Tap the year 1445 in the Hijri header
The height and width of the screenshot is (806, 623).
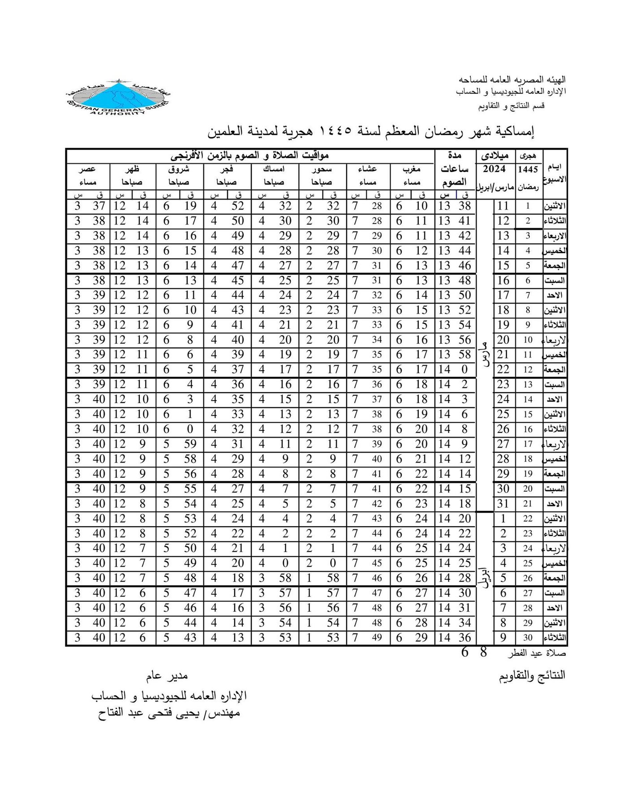(x=528, y=170)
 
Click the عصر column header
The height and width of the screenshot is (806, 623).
(x=88, y=169)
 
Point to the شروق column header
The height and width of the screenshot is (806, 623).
(x=179, y=169)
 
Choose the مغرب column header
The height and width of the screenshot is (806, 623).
(x=412, y=169)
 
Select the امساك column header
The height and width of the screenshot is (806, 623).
(x=274, y=169)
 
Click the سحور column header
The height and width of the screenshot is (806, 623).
(x=322, y=169)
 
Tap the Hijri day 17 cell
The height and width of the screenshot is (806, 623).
(x=528, y=444)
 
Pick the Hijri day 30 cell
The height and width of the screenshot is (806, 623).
(x=528, y=638)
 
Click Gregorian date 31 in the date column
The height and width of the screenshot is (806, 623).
(x=503, y=504)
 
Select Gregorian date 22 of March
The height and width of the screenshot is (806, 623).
(x=503, y=369)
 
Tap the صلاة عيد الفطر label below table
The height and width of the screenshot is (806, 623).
(x=537, y=653)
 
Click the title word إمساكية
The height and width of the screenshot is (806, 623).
(x=515, y=131)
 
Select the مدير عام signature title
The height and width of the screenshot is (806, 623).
(x=167, y=676)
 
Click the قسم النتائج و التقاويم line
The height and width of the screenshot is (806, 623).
(x=511, y=106)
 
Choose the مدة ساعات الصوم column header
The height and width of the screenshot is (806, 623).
(x=455, y=169)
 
